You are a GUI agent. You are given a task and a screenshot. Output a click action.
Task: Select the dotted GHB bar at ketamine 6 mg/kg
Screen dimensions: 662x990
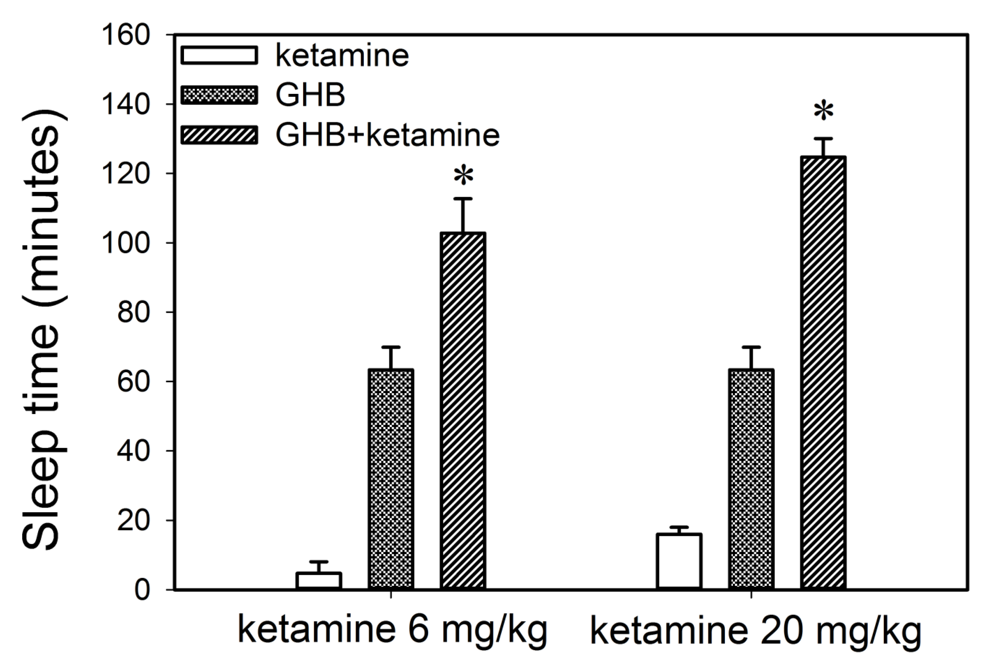click(x=391, y=479)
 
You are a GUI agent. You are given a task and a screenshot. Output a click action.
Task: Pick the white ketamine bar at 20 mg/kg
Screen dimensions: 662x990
click(x=679, y=562)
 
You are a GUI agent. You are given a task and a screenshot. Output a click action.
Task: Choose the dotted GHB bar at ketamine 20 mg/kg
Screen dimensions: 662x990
click(x=751, y=479)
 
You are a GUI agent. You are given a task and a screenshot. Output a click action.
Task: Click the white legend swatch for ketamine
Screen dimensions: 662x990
click(x=219, y=55)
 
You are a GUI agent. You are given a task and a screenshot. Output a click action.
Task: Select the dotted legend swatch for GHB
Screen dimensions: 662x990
click(x=219, y=95)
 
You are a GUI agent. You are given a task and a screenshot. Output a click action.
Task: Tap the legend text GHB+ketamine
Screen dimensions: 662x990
click(x=388, y=135)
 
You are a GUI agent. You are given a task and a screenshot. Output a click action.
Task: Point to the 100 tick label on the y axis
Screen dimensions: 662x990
click(x=126, y=243)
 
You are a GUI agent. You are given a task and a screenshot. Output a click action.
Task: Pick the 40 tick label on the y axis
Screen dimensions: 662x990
click(x=134, y=451)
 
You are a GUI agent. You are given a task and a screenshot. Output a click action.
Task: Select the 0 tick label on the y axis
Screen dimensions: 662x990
click(x=142, y=590)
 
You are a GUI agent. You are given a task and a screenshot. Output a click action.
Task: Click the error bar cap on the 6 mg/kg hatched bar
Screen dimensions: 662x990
click(x=463, y=198)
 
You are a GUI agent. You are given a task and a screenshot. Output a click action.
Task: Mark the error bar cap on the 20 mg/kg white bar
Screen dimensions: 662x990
click(x=679, y=527)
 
